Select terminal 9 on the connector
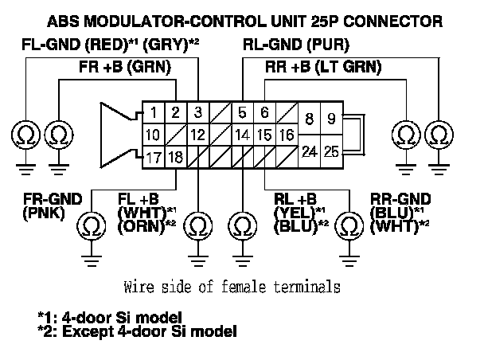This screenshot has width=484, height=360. pos(330,120)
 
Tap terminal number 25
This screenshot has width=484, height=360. pos(330,149)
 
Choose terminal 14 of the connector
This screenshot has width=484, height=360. pos(243,135)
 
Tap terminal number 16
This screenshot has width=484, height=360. pos(286,135)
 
